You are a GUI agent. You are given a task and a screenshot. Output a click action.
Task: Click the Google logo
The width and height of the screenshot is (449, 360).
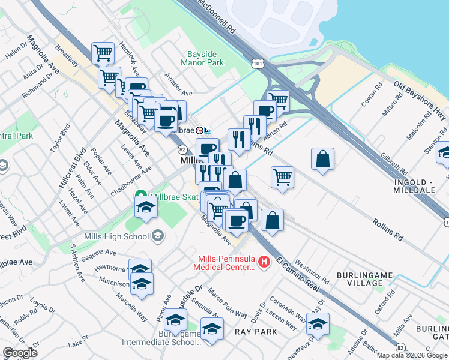20,353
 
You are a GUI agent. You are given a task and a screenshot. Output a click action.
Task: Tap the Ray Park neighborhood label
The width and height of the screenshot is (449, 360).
256,332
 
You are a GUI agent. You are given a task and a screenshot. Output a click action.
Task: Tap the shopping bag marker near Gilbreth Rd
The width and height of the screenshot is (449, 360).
322,159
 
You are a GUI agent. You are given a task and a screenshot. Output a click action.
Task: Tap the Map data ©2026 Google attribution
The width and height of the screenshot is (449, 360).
412,355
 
